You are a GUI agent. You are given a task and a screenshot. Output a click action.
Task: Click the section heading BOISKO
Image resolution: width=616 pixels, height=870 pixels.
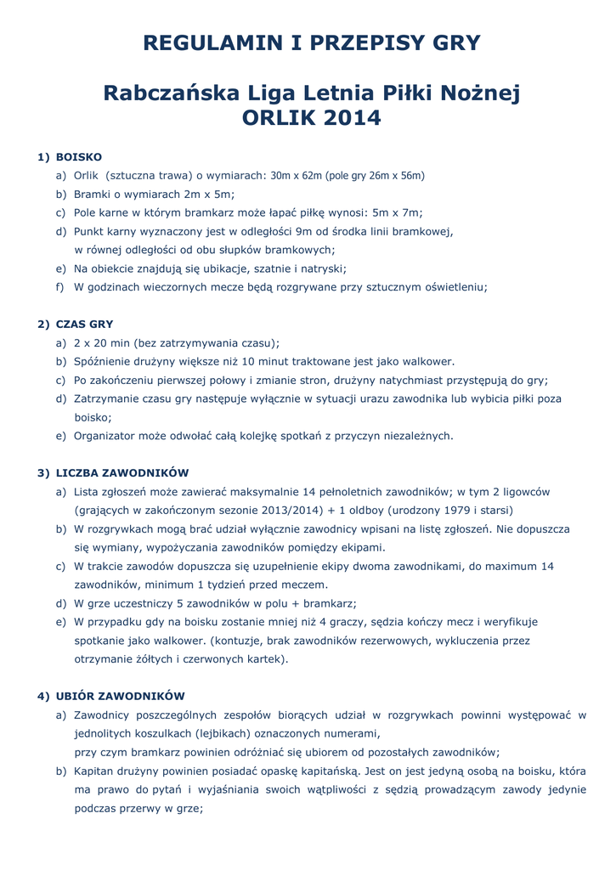point(79,157)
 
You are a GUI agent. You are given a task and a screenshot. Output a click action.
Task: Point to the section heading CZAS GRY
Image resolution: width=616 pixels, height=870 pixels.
point(84,324)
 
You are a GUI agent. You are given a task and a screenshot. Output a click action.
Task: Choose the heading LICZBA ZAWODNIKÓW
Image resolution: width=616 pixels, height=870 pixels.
point(122,472)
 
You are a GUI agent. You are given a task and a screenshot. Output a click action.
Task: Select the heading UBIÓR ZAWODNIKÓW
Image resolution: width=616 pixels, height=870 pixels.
point(120,696)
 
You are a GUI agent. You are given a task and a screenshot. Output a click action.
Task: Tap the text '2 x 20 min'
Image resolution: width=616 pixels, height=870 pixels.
point(104,342)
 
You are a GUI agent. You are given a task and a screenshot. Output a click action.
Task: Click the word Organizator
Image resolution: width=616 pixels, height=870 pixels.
point(107,436)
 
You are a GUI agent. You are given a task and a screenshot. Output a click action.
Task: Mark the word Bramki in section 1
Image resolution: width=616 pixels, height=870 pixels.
point(93,194)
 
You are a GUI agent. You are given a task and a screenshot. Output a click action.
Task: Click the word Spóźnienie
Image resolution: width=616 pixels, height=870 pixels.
point(107,361)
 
